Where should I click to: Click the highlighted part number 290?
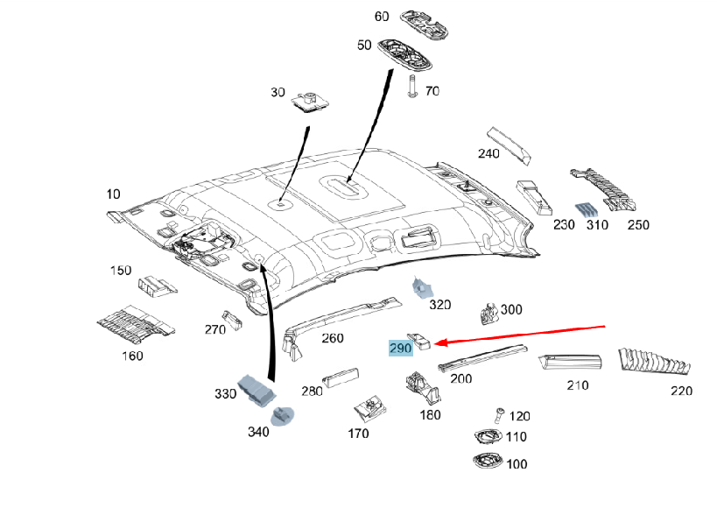pyautogui.click(x=401, y=348)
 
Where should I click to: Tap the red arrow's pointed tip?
pyautogui.click(x=437, y=342)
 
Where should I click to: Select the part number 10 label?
pyautogui.click(x=114, y=194)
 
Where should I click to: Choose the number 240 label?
pyautogui.click(x=489, y=154)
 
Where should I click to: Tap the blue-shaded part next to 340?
pyautogui.click(x=283, y=415)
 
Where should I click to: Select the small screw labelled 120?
pyautogui.click(x=500, y=413)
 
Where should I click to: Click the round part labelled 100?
pyautogui.click(x=487, y=462)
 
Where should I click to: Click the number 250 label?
pyautogui.click(x=638, y=225)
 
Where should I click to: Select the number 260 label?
pyautogui.click(x=333, y=338)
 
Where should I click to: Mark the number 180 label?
pyautogui.click(x=431, y=414)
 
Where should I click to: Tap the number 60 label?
pyautogui.click(x=382, y=17)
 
